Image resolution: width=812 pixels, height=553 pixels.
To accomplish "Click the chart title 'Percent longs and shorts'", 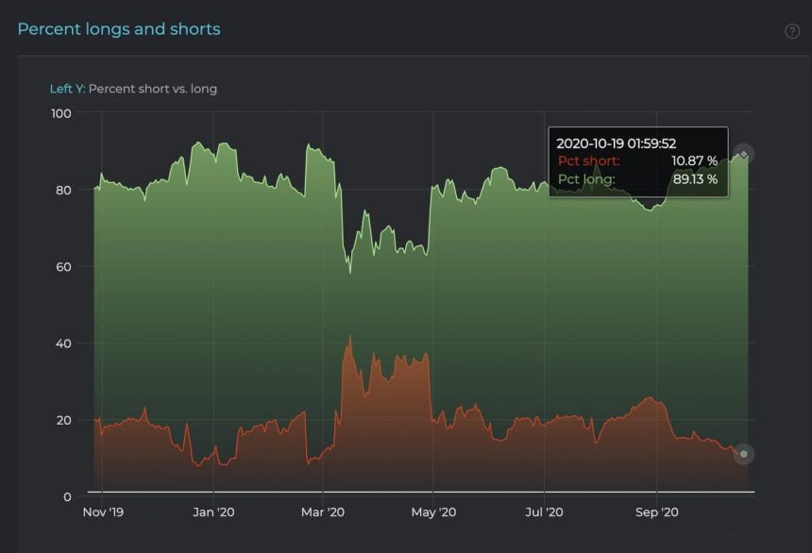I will [119, 29].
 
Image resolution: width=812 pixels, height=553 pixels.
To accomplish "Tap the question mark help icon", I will [792, 31].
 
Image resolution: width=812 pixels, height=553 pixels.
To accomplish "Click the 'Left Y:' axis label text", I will [67, 89].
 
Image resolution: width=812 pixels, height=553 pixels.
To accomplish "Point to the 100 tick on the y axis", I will [60, 113].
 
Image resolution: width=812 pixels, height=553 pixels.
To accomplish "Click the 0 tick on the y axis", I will [68, 496].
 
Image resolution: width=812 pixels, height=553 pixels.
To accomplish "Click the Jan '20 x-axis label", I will [213, 512].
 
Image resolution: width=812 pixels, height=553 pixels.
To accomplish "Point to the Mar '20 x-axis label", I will [323, 512].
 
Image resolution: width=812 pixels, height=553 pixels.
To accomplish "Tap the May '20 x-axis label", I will [433, 512].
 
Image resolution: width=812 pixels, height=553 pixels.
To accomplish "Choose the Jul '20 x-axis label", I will [545, 512].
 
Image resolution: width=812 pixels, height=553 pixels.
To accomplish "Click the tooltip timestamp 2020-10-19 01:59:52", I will [616, 143].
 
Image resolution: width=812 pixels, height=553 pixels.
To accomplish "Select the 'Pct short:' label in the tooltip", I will [589, 161].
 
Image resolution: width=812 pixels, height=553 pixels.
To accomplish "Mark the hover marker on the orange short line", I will [744, 455].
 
